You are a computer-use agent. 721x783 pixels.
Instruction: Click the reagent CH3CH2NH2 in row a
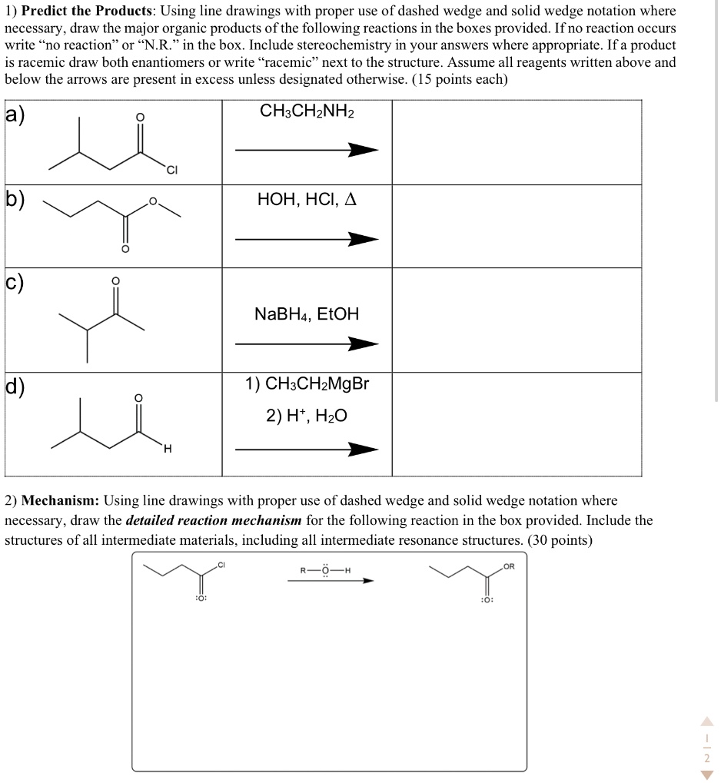tap(307, 111)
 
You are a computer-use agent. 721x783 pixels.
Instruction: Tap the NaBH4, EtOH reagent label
tap(307, 314)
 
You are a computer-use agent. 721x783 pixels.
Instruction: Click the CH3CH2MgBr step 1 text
tap(307, 383)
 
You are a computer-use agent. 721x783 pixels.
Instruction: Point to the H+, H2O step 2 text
tap(307, 416)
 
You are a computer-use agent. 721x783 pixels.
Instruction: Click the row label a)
tap(15, 115)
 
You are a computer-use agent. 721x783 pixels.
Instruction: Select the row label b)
tap(15, 202)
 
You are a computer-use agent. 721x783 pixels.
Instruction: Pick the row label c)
tap(15, 282)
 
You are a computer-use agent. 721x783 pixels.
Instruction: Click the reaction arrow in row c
tap(307, 344)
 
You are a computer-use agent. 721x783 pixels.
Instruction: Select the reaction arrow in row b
tap(307, 240)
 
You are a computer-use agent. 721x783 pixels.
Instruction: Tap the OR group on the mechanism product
tap(510, 567)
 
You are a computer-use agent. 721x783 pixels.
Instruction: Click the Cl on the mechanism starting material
tap(221, 566)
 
